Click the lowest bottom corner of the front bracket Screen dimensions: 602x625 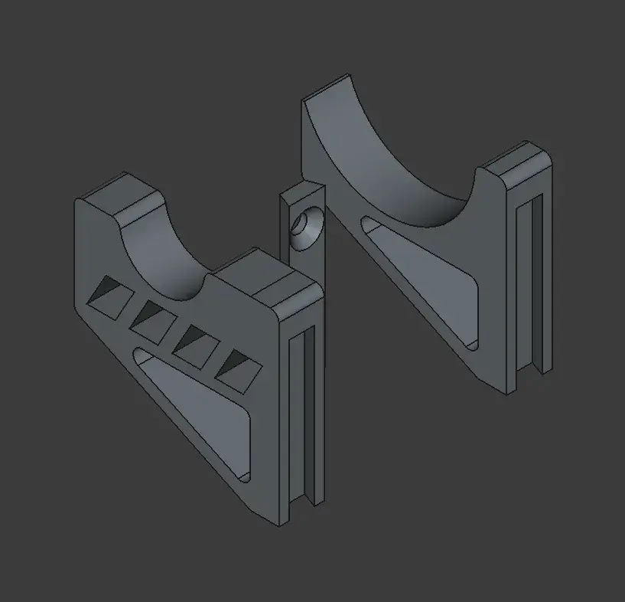(278, 525)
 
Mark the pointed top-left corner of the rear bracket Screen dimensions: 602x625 (304, 97)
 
